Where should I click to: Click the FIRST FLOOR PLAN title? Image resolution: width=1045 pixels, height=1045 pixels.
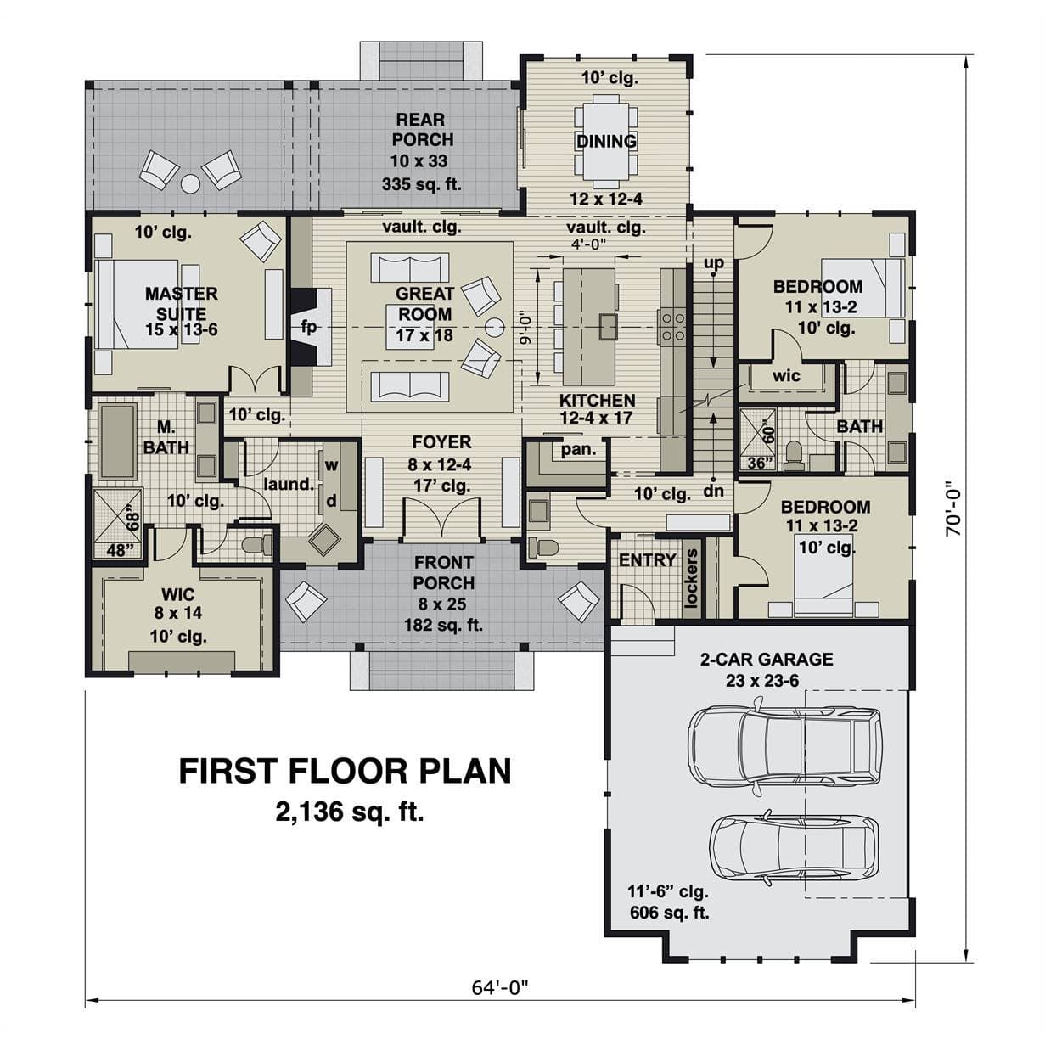pyautogui.click(x=345, y=771)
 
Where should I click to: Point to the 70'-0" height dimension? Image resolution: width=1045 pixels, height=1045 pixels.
pyautogui.click(x=953, y=508)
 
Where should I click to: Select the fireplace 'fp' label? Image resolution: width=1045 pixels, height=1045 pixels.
pyautogui.click(x=308, y=327)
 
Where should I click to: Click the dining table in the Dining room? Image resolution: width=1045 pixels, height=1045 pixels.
pyautogui.click(x=606, y=138)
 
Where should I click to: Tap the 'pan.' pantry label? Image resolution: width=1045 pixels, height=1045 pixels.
pyautogui.click(x=578, y=450)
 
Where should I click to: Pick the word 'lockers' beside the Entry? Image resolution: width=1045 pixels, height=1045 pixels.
pyautogui.click(x=691, y=578)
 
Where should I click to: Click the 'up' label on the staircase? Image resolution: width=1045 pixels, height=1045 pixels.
pyautogui.click(x=714, y=262)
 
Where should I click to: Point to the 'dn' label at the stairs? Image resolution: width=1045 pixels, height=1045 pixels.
pyautogui.click(x=714, y=491)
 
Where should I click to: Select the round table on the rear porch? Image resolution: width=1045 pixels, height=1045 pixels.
pyautogui.click(x=190, y=184)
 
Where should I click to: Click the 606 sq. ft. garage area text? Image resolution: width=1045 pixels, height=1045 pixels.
pyautogui.click(x=669, y=912)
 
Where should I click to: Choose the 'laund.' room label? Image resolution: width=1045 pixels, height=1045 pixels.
pyautogui.click(x=289, y=484)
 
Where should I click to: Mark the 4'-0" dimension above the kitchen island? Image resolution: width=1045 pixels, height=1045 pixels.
pyautogui.click(x=589, y=244)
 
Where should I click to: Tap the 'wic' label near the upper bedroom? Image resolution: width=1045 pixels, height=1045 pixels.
pyautogui.click(x=786, y=375)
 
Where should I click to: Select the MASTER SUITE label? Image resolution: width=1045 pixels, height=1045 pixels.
pyautogui.click(x=181, y=304)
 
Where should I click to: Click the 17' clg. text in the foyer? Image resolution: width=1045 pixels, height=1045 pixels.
pyautogui.click(x=442, y=486)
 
